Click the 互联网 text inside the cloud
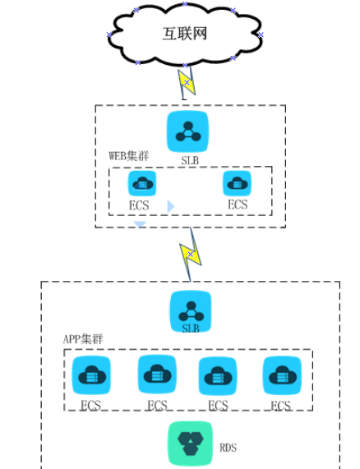(185, 33)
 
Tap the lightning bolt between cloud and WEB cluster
(187, 82)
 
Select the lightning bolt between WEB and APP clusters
(191, 255)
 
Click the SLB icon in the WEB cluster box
(187, 131)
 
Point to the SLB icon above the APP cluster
(191, 311)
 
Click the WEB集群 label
(129, 156)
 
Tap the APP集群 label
(83, 339)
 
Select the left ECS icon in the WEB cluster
(142, 183)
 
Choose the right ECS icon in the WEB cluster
(238, 183)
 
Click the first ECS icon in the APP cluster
(91, 375)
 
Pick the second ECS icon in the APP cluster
(157, 375)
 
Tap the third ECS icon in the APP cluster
(218, 375)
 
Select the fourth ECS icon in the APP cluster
(282, 375)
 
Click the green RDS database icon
(191, 444)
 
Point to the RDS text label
(228, 448)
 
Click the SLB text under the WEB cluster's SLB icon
(190, 161)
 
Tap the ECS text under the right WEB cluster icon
(238, 205)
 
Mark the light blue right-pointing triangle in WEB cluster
(171, 206)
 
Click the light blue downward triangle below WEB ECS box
(140, 224)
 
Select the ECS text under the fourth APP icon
(280, 406)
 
